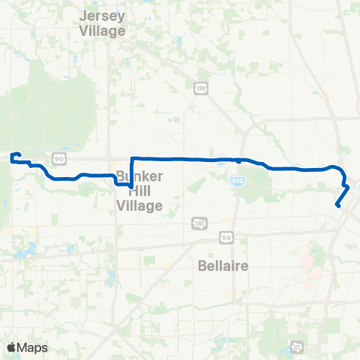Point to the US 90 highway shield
click(x=59, y=158)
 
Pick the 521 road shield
click(x=297, y=347)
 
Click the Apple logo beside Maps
click(x=10, y=346)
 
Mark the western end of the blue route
click(x=11, y=157)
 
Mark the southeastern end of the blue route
click(x=337, y=206)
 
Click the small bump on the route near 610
click(x=238, y=160)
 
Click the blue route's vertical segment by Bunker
click(x=132, y=172)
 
